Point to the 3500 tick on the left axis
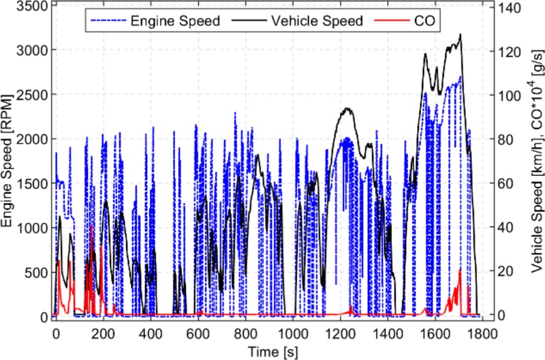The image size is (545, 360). tap(32, 6)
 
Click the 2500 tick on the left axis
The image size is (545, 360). tap(32, 95)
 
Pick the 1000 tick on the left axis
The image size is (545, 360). tap(32, 227)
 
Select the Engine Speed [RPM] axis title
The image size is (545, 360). tap(9, 161)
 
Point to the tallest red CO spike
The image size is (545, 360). tap(92, 228)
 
